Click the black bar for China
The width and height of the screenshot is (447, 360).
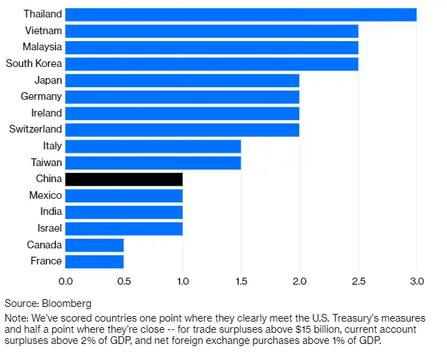point(124,179)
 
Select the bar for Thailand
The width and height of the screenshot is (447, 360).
point(241,14)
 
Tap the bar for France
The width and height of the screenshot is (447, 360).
point(95,261)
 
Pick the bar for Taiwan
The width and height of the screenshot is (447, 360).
point(153,162)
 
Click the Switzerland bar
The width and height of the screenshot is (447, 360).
point(183,129)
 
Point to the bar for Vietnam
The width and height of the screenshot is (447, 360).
point(212,31)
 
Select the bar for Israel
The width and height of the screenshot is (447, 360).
point(124,228)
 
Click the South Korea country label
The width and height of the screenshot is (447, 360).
point(33,63)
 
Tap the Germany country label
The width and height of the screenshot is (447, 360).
point(41,96)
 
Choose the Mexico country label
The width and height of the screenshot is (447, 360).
point(45,195)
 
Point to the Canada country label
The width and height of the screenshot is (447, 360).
point(45,245)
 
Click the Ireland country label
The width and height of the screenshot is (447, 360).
point(46,113)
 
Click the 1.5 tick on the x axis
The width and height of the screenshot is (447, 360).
point(241,281)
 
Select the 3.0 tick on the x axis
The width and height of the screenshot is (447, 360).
point(416,281)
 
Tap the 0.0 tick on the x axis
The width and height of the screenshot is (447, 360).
point(66,281)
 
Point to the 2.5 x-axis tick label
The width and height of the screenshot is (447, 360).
point(358,281)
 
